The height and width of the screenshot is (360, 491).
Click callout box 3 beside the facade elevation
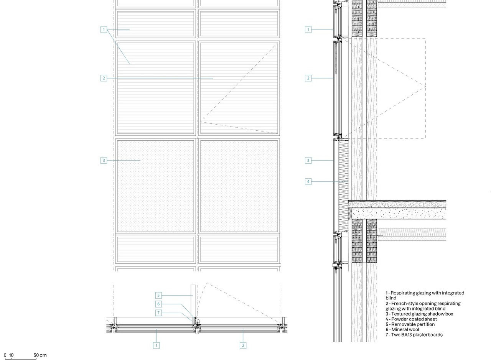pos(104,160)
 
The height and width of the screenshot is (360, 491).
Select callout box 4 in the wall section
pos(308,181)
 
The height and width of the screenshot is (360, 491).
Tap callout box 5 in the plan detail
pos(158,295)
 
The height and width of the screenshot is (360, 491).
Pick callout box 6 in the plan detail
pos(158,304)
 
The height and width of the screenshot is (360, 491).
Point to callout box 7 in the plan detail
pos(158,313)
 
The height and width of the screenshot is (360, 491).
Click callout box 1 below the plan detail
pos(156,345)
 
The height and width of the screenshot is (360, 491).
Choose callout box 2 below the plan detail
pos(243,345)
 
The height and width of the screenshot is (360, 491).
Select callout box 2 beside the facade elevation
pos(104,78)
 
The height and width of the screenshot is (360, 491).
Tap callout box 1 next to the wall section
pos(308,30)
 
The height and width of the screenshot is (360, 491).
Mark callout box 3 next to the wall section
pos(308,160)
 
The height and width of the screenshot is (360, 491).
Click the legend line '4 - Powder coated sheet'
pos(411,319)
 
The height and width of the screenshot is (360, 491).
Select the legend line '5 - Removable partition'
pos(410,324)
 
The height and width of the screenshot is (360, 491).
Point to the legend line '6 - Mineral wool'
pos(402,329)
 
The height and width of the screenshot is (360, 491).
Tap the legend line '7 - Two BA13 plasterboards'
pos(414,335)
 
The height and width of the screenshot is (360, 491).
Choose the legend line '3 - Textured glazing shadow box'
pos(419,314)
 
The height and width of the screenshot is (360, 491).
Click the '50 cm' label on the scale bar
pos(40,355)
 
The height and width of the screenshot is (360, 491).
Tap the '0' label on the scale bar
pos(5,355)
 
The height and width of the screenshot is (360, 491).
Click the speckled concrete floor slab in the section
pos(399,214)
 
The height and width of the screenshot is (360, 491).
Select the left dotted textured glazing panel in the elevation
pos(156,186)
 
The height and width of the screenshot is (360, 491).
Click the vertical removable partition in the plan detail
pos(193,301)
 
